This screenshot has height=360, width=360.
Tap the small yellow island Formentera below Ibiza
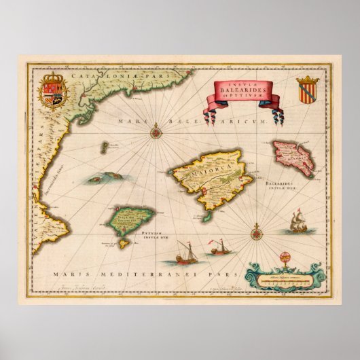(x=123, y=240)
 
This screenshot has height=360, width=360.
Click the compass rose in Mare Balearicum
(x=156, y=126)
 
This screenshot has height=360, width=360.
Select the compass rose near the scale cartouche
(x=257, y=234)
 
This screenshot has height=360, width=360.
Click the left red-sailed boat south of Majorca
(x=183, y=255)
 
